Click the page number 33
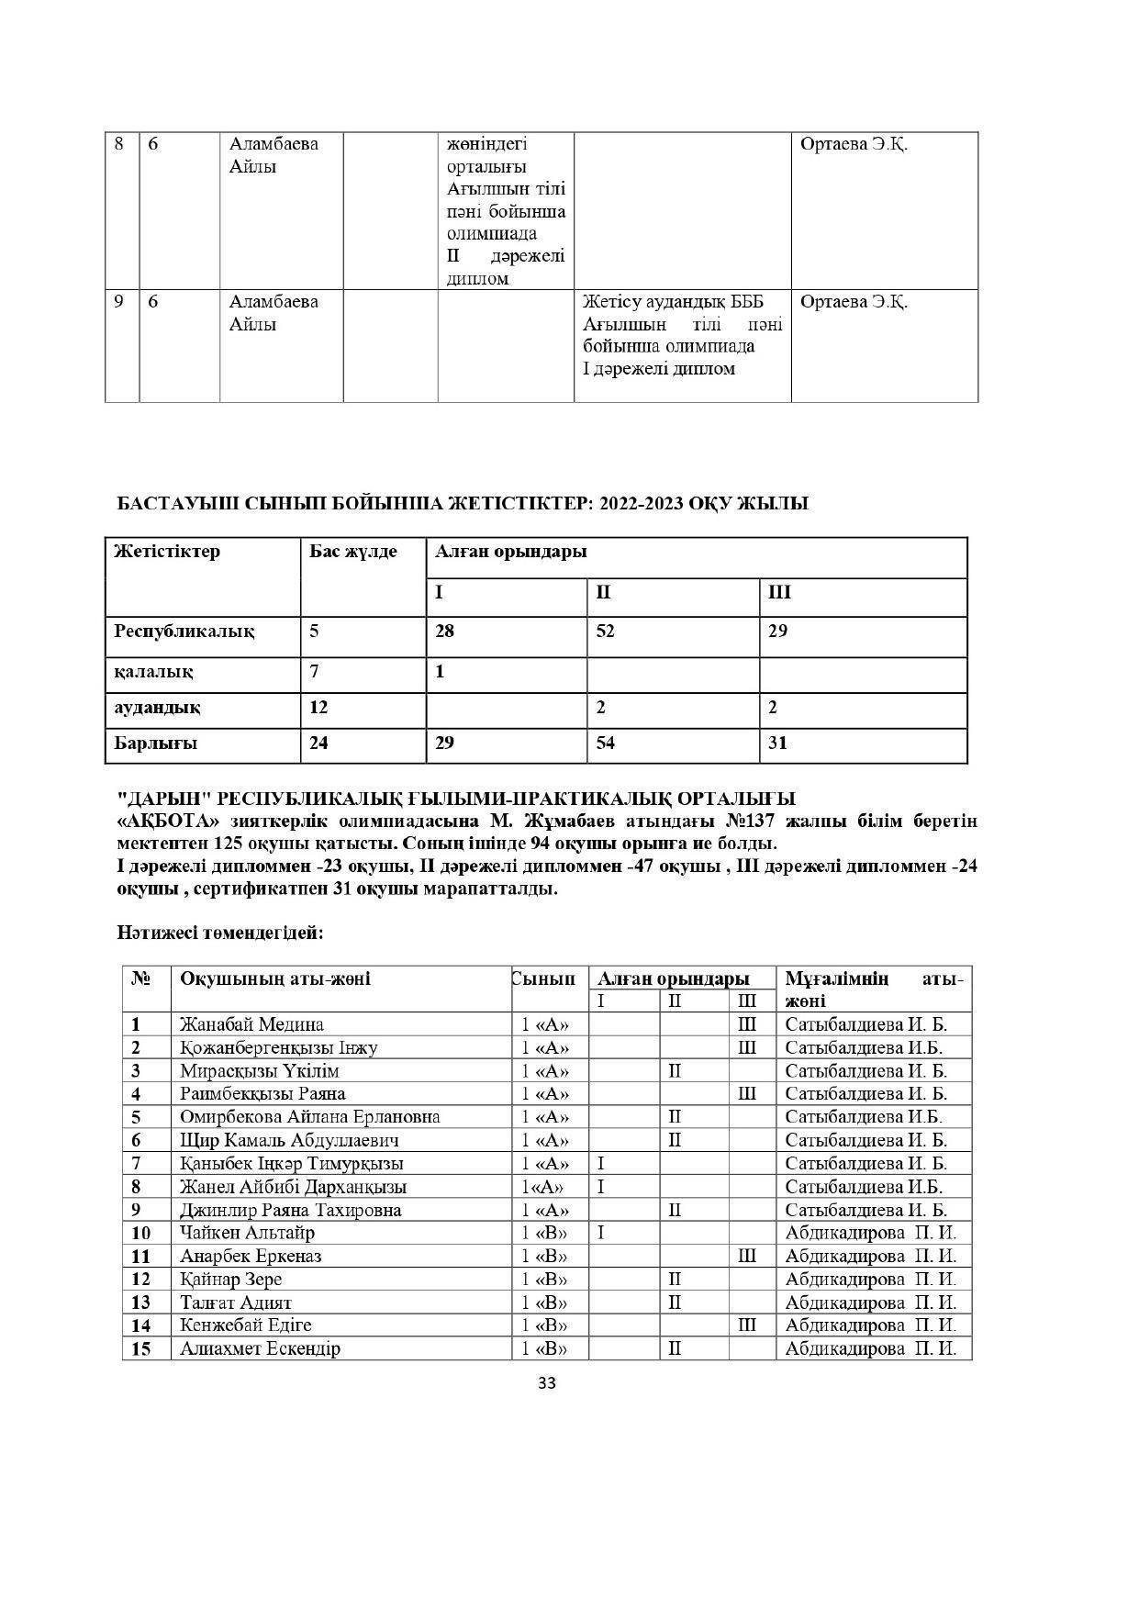coord(547,1383)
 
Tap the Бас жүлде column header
coord(352,552)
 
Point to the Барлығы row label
coord(155,744)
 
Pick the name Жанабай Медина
coord(251,1024)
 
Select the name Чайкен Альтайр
coord(247,1233)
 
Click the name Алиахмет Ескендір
coord(260,1349)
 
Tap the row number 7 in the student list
coord(136,1164)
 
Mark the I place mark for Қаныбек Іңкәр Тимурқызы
coord(601,1164)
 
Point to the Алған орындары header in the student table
coord(673,978)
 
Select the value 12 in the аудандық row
coord(318,708)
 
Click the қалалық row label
coord(153,672)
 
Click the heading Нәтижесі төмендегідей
coord(220,934)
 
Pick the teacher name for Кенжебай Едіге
coord(870,1325)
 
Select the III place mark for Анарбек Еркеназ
coord(747,1257)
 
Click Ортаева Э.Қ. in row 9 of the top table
coord(854,302)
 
